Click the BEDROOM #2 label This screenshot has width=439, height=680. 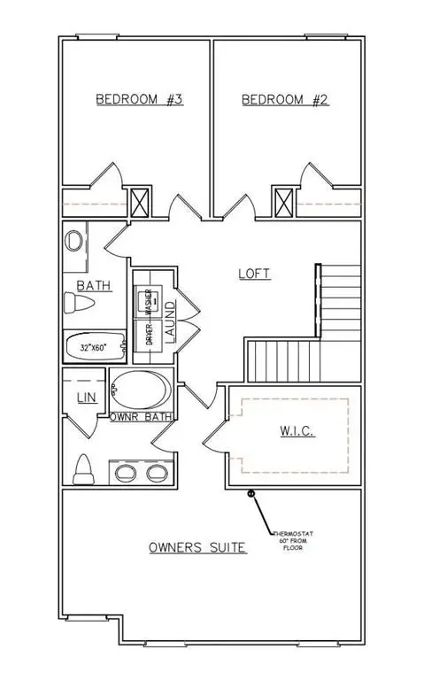click(x=285, y=99)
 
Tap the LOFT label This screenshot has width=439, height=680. click(x=254, y=274)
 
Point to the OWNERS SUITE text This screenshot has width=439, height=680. click(x=196, y=548)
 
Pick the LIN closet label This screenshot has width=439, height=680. click(x=85, y=398)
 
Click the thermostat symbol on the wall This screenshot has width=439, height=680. click(x=251, y=493)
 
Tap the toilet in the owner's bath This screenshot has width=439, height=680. click(x=84, y=468)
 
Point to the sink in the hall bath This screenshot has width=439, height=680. click(x=76, y=241)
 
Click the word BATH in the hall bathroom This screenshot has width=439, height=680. click(x=93, y=286)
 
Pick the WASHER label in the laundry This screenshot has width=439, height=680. click(x=150, y=303)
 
